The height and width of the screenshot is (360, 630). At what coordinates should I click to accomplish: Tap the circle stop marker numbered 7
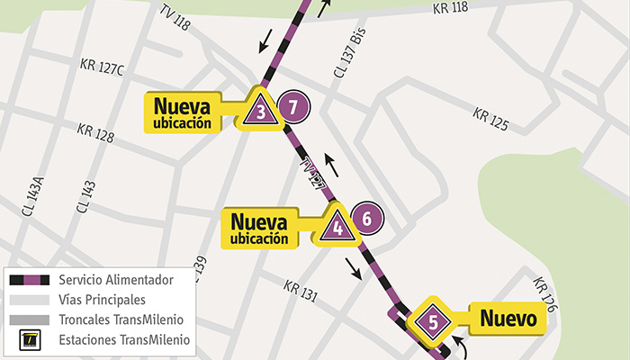[x=292, y=108]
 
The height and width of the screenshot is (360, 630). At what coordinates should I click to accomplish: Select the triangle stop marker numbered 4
[x=337, y=225]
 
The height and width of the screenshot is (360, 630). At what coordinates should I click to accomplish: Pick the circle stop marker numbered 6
[x=367, y=218]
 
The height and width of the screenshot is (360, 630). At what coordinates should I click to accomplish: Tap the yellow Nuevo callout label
[x=508, y=318]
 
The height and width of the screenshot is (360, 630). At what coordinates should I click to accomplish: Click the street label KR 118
[x=450, y=8]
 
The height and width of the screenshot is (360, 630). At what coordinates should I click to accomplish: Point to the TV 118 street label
[x=175, y=17]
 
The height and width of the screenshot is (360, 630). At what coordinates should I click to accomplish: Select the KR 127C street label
[x=102, y=68]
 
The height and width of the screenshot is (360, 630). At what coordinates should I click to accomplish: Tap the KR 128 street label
[x=96, y=134]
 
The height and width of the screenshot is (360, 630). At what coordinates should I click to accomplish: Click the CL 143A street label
[x=33, y=196]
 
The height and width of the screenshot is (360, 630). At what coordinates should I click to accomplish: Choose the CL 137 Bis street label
[x=353, y=59]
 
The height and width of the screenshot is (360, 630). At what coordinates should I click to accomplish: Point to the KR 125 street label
[x=490, y=118]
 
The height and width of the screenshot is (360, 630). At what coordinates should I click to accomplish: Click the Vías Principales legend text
[x=102, y=300]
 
